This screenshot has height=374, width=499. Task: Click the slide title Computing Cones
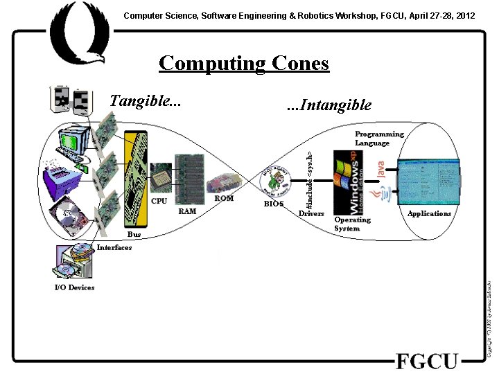[243, 63]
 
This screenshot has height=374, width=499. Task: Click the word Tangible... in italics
[146, 100]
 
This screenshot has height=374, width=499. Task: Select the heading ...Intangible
[329, 105]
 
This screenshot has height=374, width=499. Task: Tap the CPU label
[159, 202]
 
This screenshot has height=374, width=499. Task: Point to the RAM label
[187, 211]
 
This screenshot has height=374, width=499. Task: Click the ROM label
[224, 199]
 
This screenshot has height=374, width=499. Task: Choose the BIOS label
[274, 204]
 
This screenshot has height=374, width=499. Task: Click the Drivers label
[311, 213]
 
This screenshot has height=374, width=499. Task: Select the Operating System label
[352, 224]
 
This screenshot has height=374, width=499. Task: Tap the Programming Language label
[379, 139]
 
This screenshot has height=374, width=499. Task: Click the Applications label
[429, 213]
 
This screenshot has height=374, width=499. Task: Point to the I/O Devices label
[74, 287]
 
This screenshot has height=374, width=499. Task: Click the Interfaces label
[114, 247]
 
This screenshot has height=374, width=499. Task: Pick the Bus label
[134, 235]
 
